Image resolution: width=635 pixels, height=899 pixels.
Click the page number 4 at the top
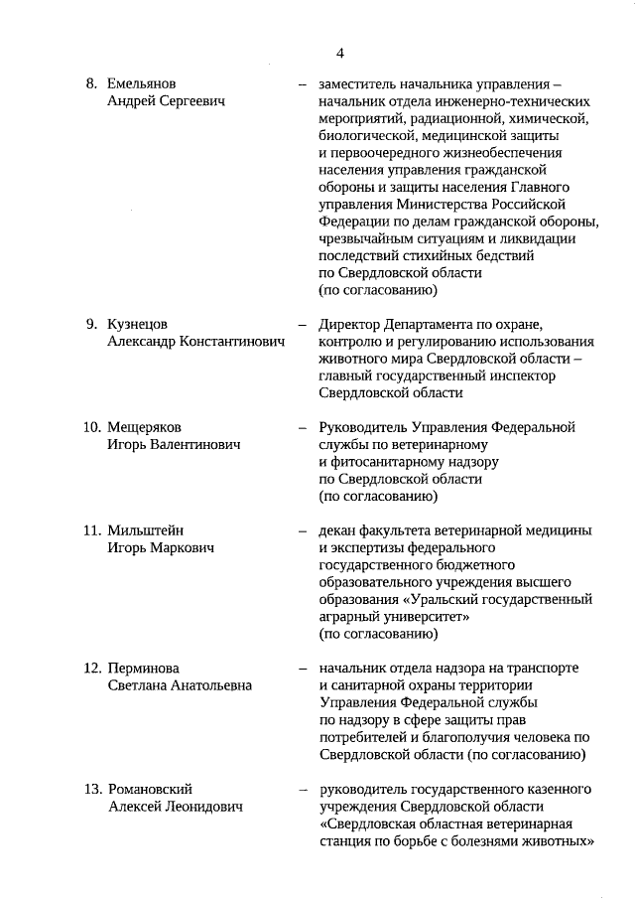click(x=339, y=53)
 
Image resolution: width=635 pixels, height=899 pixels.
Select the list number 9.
click(x=90, y=324)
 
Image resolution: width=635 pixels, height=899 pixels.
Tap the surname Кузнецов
click(x=138, y=324)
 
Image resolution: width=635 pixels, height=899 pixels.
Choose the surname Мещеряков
click(x=145, y=427)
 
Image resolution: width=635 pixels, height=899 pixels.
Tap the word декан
click(x=337, y=530)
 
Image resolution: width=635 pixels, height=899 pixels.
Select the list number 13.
click(x=91, y=789)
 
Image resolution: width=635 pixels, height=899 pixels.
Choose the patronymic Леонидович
click(x=203, y=807)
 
